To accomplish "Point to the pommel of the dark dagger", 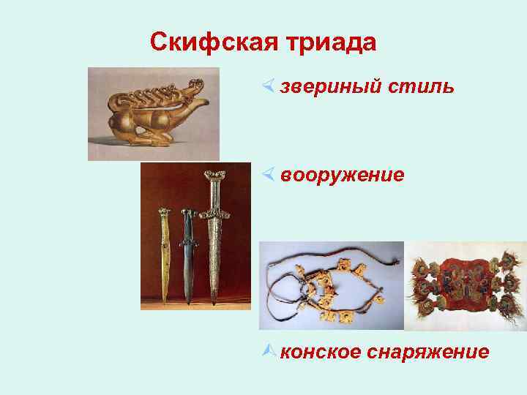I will pyautogui.click(x=187, y=213).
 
